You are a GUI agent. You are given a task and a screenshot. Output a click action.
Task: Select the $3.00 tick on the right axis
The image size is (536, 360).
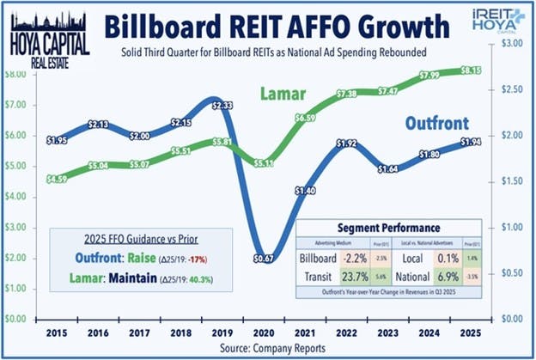click(x=513, y=42)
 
